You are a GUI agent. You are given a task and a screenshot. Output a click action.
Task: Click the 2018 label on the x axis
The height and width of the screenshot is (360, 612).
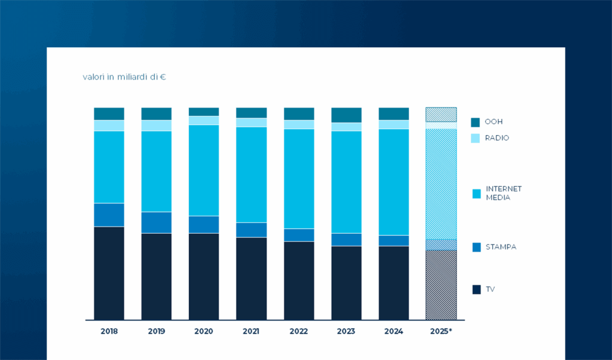[109, 331]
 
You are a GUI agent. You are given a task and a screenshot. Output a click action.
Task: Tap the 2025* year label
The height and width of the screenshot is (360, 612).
[441, 331]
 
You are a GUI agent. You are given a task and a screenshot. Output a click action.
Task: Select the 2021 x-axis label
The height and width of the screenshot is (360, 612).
[251, 331]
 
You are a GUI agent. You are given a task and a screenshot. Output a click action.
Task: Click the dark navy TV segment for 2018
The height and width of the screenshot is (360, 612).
[109, 273]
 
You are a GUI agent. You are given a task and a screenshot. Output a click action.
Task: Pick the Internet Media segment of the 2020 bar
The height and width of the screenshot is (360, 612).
[204, 170]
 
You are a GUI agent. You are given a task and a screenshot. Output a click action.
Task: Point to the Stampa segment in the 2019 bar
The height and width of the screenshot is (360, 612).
[156, 222]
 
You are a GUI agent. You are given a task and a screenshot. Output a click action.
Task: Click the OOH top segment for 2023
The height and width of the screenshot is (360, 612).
[346, 115]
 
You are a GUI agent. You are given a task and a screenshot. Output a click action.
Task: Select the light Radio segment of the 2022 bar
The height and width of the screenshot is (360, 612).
[299, 124]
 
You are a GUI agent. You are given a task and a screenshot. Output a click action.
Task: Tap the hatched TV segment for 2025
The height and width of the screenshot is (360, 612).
[441, 285]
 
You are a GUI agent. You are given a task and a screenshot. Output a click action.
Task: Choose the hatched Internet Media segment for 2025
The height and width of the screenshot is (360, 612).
[441, 184]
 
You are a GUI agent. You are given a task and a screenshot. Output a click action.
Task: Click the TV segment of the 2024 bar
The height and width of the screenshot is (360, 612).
[393, 282]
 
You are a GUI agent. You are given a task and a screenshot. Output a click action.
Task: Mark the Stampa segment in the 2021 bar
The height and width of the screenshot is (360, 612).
[251, 230]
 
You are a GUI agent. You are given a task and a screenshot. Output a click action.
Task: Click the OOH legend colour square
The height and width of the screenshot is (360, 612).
[476, 122]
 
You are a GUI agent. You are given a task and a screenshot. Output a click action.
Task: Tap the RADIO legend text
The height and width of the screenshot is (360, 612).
[497, 138]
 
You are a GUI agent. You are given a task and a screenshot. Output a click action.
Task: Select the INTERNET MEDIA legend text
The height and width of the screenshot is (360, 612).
[503, 193]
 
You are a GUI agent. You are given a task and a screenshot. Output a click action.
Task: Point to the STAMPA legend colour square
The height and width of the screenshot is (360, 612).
[476, 247]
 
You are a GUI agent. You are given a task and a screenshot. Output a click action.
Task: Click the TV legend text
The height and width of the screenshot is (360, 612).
[490, 289]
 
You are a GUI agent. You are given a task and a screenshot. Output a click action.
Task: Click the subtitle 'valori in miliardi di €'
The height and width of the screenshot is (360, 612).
[124, 77]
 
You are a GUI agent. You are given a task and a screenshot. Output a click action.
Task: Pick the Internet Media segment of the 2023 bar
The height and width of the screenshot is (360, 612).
[346, 182]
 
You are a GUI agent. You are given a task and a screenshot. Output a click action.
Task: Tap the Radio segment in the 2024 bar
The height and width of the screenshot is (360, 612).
[393, 124]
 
